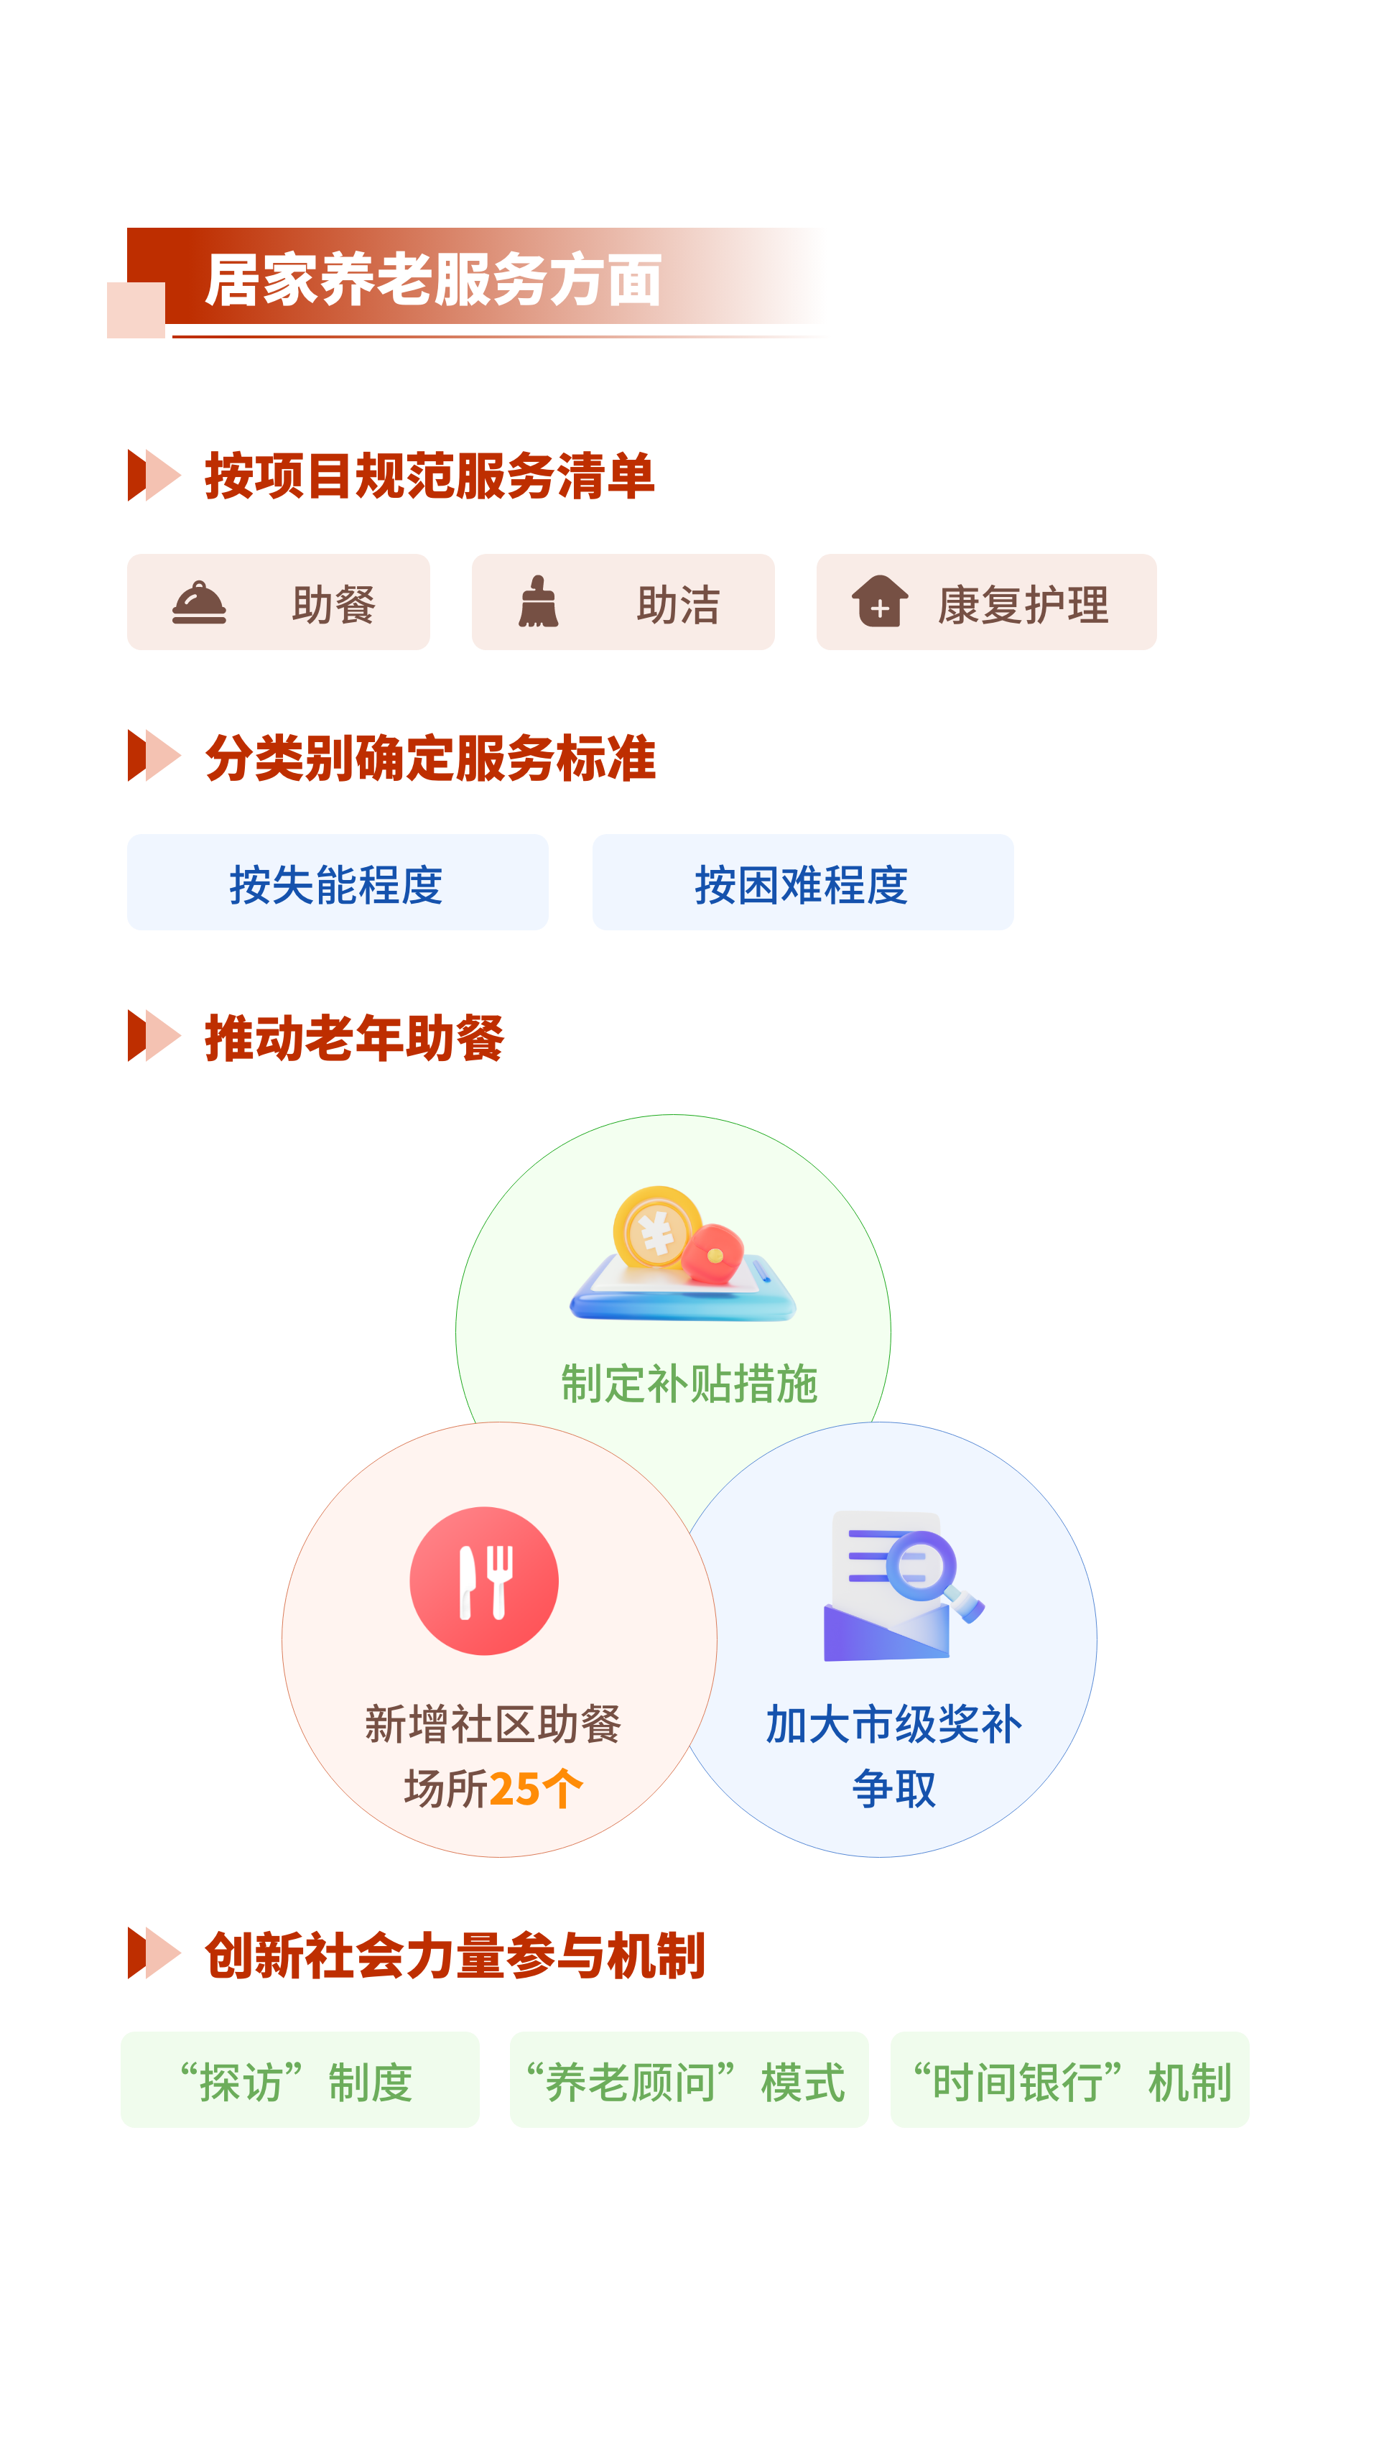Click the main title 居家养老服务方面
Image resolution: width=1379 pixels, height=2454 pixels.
pyautogui.click(x=433, y=280)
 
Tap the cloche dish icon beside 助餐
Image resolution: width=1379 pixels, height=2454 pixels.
pyautogui.click(x=199, y=603)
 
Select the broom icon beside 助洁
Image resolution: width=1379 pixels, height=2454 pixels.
pyautogui.click(x=538, y=602)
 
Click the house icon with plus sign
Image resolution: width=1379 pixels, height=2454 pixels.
pyautogui.click(x=879, y=601)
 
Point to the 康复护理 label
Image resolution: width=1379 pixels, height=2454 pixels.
pyautogui.click(x=1023, y=605)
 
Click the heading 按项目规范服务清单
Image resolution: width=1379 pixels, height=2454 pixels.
pyautogui.click(x=430, y=476)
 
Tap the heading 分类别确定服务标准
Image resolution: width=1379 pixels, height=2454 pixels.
pyautogui.click(x=430, y=759)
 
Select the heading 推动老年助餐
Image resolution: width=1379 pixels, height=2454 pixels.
pyautogui.click(x=354, y=1037)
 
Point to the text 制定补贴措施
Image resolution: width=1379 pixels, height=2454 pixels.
pyautogui.click(x=689, y=1383)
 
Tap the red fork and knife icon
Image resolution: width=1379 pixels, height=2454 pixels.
pyautogui.click(x=484, y=1581)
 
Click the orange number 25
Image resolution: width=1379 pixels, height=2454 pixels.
pyautogui.click(x=515, y=1789)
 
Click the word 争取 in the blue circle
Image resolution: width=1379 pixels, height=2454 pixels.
pyautogui.click(x=893, y=1788)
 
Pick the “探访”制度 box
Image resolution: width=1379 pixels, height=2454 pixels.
pyautogui.click(x=300, y=2080)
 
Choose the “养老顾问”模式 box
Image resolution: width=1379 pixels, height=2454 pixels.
pyautogui.click(x=689, y=2080)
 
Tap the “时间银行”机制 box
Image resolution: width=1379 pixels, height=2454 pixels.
pyautogui.click(x=1069, y=2080)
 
